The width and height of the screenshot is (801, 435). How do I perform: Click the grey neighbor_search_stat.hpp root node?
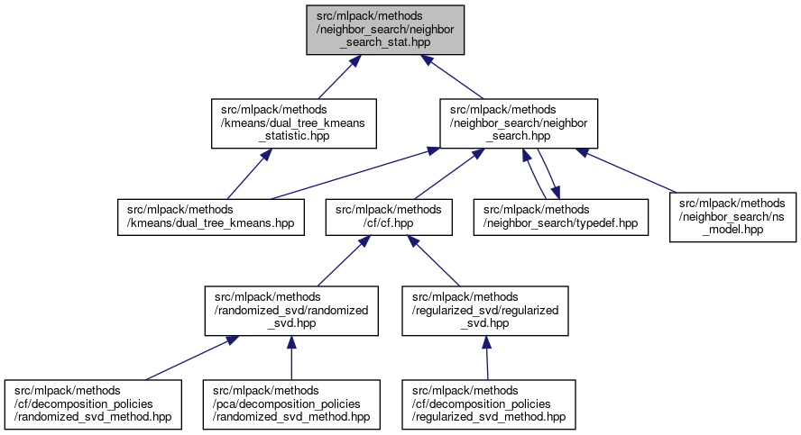(389, 30)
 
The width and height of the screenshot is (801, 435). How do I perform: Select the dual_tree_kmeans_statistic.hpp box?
(292, 123)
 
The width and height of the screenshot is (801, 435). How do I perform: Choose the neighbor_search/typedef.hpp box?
(561, 216)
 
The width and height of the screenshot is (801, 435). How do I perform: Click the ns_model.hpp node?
(732, 216)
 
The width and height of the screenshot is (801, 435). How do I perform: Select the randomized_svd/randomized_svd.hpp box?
(290, 311)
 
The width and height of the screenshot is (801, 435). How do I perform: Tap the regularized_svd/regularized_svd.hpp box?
(485, 311)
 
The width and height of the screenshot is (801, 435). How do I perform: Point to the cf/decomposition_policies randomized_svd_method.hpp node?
(94, 404)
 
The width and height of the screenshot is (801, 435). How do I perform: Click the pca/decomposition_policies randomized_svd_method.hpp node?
(290, 404)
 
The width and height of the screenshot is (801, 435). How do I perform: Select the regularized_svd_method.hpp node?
(488, 404)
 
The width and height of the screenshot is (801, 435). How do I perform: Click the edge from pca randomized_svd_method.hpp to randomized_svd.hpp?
(290, 358)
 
